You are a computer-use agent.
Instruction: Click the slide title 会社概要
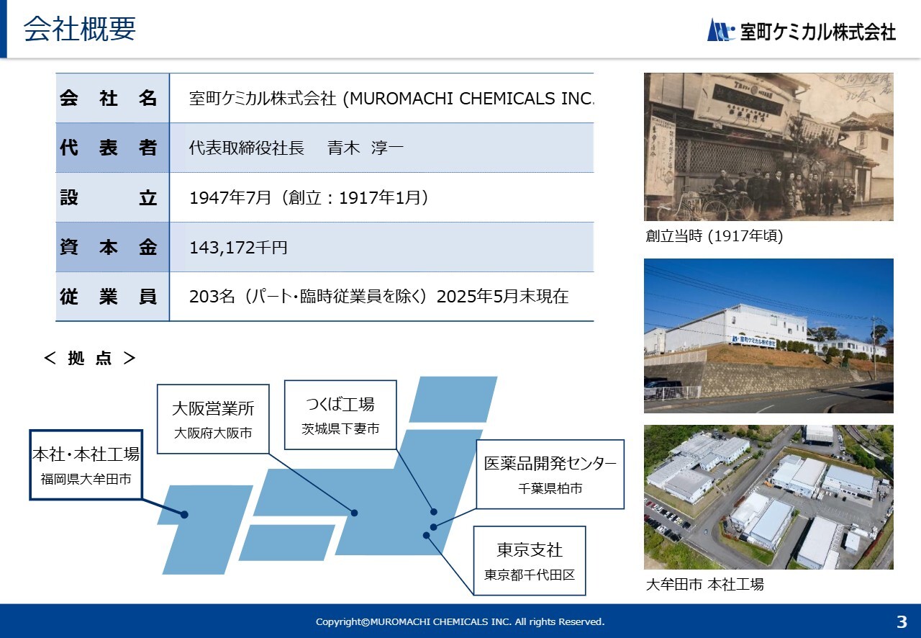pyautogui.click(x=80, y=29)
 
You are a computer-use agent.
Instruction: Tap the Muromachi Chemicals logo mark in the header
pyautogui.click(x=721, y=30)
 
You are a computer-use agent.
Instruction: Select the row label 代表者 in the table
pyautogui.click(x=108, y=148)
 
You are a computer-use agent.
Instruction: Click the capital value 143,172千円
pyautogui.click(x=238, y=248)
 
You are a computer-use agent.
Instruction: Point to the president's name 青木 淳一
pyautogui.click(x=365, y=148)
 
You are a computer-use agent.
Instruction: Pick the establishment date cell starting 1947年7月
pyautogui.click(x=309, y=197)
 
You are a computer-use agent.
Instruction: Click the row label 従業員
pyautogui.click(x=108, y=297)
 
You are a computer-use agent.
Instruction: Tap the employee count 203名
pyautogui.click(x=212, y=297)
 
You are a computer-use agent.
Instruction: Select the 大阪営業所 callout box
pyautogui.click(x=213, y=419)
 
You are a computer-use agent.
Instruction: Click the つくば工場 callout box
pyautogui.click(x=340, y=415)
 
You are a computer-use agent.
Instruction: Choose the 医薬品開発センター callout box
pyautogui.click(x=550, y=474)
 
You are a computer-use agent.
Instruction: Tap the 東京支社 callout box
pyautogui.click(x=530, y=561)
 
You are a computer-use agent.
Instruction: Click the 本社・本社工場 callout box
pyautogui.click(x=86, y=465)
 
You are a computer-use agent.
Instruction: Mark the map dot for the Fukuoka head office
pyautogui.click(x=185, y=515)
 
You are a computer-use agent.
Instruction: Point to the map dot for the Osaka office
pyautogui.click(x=355, y=513)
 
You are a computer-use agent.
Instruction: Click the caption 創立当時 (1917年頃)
pyautogui.click(x=714, y=236)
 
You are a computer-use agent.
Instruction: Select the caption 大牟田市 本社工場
pyautogui.click(x=704, y=584)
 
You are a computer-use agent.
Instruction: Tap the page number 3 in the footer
pyautogui.click(x=902, y=621)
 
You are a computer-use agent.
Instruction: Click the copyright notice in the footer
pyautogui.click(x=460, y=621)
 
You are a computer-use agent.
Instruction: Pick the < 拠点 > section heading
pyautogui.click(x=90, y=358)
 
